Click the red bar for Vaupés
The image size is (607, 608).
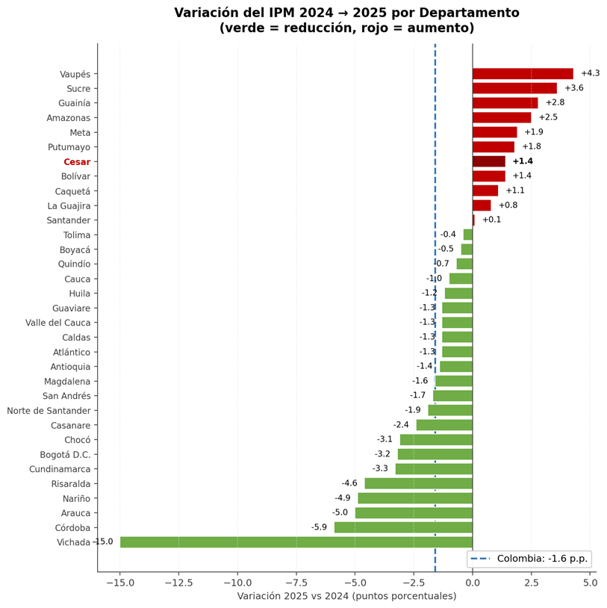tap(523, 74)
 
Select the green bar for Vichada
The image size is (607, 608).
tap(296, 542)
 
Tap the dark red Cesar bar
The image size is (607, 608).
tap(489, 161)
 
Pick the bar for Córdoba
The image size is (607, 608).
tap(403, 527)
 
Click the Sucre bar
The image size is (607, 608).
tap(514, 88)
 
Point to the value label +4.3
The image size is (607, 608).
tap(590, 73)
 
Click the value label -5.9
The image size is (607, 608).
tap(319, 527)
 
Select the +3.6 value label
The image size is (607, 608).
tap(573, 88)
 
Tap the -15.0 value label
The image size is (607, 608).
tap(103, 542)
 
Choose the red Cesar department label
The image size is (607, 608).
tap(77, 162)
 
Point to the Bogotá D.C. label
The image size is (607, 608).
tap(65, 455)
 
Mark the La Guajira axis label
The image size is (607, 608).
tap(69, 206)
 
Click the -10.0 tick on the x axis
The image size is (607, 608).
tap(237, 583)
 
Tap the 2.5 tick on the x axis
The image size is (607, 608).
tap(531, 583)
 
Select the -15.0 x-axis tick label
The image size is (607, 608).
tap(119, 583)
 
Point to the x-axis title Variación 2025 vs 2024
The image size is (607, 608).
tap(346, 596)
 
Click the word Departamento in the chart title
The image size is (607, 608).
tap(472, 13)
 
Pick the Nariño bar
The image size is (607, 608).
tap(415, 498)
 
